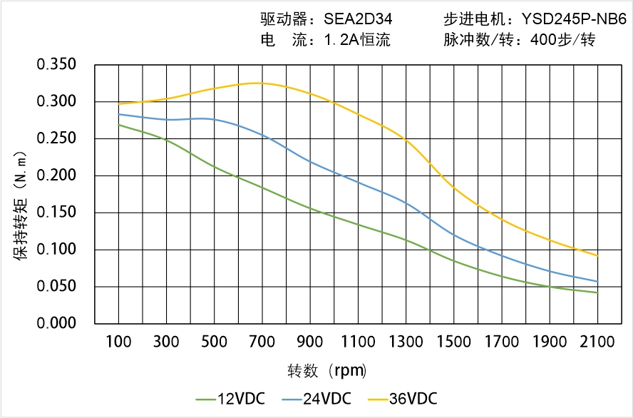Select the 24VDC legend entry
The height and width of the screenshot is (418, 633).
pyautogui.click(x=316, y=398)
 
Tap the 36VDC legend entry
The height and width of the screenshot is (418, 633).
pyautogui.click(x=402, y=398)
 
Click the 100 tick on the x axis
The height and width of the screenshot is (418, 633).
pyautogui.click(x=118, y=342)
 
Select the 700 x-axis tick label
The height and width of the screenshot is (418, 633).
pyautogui.click(x=262, y=342)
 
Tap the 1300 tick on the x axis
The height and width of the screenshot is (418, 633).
pyautogui.click(x=406, y=342)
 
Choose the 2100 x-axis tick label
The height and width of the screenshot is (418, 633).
pyautogui.click(x=597, y=342)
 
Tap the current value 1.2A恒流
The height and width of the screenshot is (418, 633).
pyautogui.click(x=356, y=40)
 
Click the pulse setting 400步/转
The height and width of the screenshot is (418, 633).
pyautogui.click(x=562, y=40)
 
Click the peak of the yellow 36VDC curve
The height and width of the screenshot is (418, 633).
pyautogui.click(x=257, y=83)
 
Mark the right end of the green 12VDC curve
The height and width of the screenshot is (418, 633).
pyautogui.click(x=597, y=292)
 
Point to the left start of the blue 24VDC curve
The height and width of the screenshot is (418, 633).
pyautogui.click(x=118, y=114)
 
